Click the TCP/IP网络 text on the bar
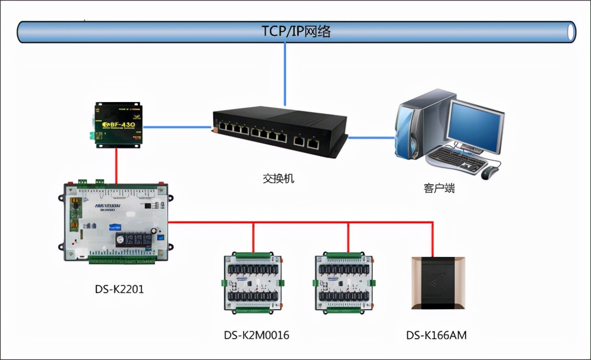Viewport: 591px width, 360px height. point(296,31)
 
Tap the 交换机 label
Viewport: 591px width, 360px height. point(278,178)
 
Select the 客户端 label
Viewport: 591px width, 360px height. point(439,188)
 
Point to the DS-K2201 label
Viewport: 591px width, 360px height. point(119,289)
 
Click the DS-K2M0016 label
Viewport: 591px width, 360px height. point(256,335)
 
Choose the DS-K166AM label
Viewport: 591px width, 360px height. point(437,335)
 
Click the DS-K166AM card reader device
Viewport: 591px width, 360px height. point(438,283)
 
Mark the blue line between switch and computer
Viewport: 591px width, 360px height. point(371,137)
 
